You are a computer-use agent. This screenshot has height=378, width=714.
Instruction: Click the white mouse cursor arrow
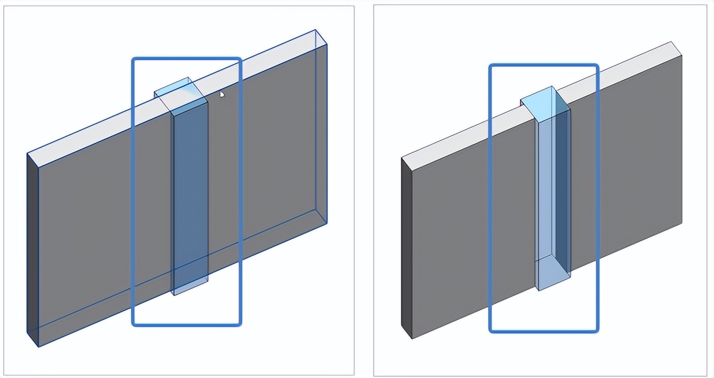[x=222, y=95]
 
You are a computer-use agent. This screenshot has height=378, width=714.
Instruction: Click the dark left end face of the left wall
[x=33, y=248]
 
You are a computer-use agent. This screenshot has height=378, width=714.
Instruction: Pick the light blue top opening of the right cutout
[x=545, y=103]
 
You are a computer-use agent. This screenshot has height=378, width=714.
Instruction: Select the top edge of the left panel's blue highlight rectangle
[x=187, y=58]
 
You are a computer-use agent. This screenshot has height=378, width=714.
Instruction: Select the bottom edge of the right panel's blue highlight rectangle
[x=544, y=330]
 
